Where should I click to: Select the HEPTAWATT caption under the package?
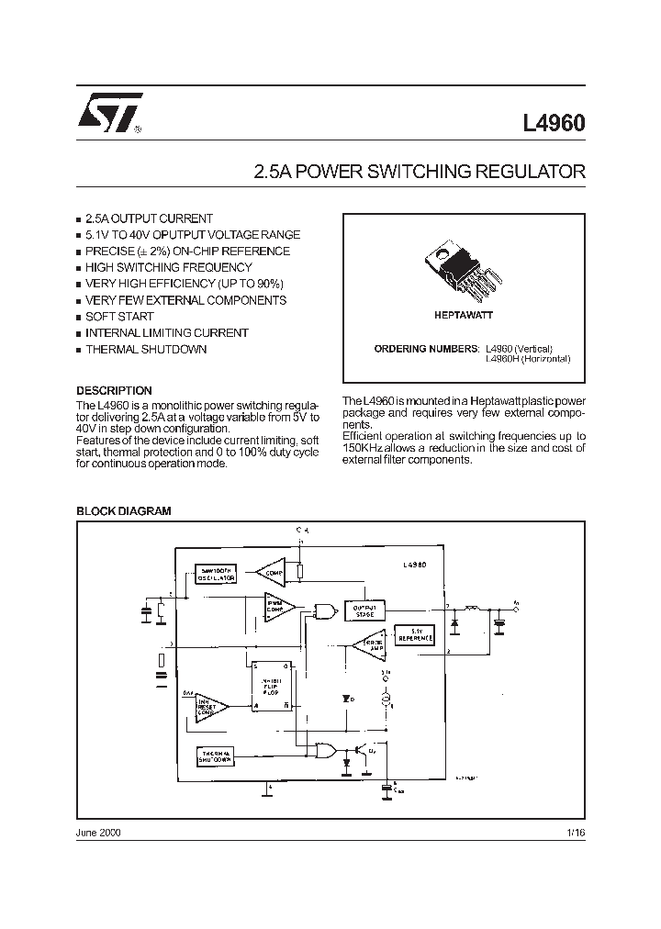(463, 315)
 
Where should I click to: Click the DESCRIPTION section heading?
(114, 390)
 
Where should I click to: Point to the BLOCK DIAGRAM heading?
(123, 510)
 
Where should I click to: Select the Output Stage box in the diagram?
(364, 610)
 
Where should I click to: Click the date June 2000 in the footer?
(97, 832)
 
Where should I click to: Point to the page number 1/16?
(576, 832)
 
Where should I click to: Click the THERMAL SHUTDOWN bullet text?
(146, 350)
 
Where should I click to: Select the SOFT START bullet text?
(119, 317)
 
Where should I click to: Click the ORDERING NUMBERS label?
(426, 349)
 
